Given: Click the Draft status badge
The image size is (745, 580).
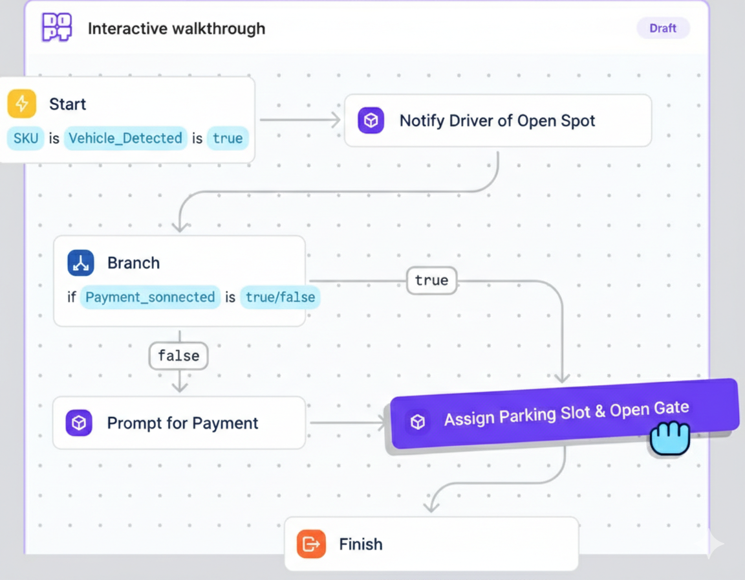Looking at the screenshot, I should click(x=663, y=28).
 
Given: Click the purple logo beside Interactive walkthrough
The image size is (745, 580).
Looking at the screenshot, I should click(x=57, y=28).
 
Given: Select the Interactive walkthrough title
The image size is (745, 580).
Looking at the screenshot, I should click(x=176, y=29).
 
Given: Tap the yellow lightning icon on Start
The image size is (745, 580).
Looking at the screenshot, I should click(x=22, y=104).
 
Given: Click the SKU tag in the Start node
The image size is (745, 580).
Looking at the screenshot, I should click(x=25, y=139).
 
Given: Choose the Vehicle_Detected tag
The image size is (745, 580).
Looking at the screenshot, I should click(x=125, y=139).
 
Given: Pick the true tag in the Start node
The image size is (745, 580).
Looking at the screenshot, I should click(x=228, y=139).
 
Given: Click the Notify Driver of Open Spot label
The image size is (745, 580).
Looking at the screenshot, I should click(x=497, y=121).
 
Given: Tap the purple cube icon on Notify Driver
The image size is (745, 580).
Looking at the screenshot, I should click(x=371, y=121).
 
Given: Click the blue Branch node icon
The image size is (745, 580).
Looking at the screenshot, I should click(x=81, y=263).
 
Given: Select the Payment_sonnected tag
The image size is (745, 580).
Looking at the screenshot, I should click(x=150, y=298).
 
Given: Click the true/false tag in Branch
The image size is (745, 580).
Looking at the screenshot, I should click(x=280, y=298).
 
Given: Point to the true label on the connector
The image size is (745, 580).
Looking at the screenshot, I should click(x=431, y=281).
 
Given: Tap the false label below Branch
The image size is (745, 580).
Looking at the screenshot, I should click(x=178, y=356).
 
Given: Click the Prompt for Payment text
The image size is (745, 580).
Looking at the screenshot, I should click(x=182, y=423).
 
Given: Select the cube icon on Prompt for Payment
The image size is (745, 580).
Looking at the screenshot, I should click(x=79, y=423).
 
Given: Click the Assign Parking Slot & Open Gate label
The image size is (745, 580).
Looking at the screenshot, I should click(x=566, y=414).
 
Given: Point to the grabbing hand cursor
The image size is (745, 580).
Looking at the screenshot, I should click(x=669, y=438).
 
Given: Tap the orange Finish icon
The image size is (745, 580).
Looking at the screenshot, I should click(x=311, y=544).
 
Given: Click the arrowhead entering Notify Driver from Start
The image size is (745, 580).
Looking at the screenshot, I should click(x=335, y=120).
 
